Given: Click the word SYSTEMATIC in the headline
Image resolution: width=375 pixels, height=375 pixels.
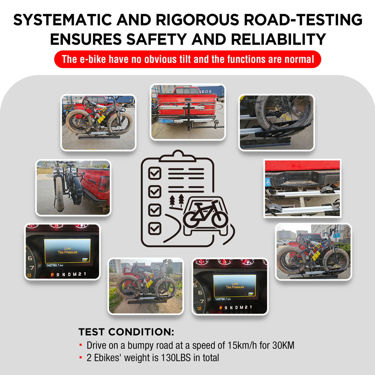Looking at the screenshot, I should [62, 20].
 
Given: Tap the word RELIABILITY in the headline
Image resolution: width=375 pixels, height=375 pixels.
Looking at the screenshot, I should [278, 39].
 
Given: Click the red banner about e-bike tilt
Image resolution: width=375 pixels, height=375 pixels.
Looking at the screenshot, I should [187, 59].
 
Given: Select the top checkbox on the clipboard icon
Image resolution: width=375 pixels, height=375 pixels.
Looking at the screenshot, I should [155, 173].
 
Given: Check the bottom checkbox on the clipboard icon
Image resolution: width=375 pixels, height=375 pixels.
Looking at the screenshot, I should [155, 228].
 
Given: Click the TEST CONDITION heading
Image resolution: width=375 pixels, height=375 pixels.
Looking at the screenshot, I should [126, 332].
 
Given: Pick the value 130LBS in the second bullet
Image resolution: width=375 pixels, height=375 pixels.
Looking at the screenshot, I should [176, 357].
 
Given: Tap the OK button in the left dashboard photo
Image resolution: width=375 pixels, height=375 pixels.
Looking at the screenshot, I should [85, 259].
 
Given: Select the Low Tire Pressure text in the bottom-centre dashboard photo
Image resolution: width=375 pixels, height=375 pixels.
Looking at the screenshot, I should [235, 285].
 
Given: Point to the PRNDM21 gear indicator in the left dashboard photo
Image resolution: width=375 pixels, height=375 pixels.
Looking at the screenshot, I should [68, 274].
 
